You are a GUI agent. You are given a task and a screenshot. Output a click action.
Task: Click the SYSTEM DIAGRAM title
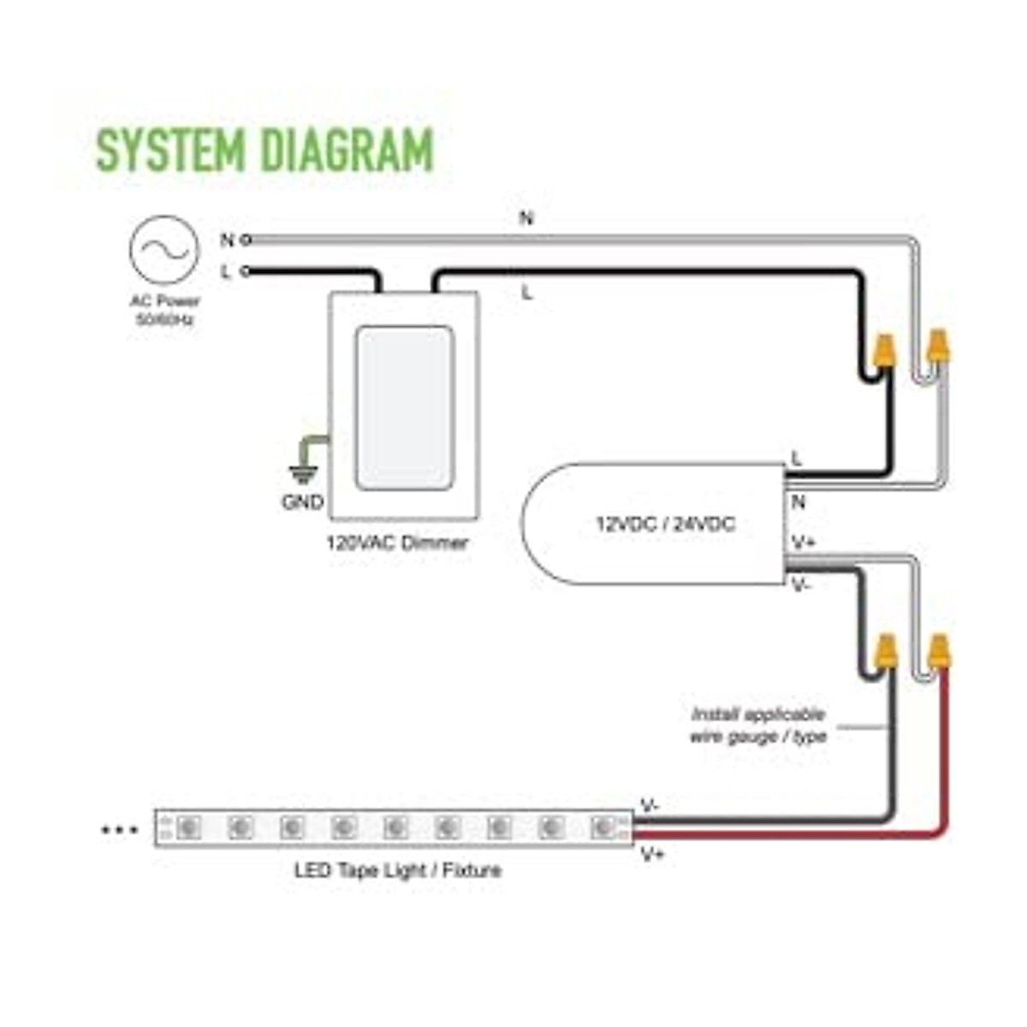(265, 150)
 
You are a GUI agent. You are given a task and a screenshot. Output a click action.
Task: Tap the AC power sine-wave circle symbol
(163, 249)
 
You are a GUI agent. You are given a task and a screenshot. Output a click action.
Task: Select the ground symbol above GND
(301, 469)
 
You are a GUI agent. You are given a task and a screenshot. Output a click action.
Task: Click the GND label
(302, 502)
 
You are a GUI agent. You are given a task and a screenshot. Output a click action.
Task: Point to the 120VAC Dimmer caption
(397, 543)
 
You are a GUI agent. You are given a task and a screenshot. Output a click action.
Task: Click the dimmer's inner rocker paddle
(405, 407)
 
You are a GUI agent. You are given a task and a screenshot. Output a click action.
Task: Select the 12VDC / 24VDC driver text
(665, 524)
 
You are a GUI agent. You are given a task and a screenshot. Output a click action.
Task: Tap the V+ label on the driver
(803, 543)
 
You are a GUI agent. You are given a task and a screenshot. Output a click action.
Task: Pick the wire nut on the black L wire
(883, 352)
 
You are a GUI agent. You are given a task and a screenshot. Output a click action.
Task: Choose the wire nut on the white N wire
(939, 347)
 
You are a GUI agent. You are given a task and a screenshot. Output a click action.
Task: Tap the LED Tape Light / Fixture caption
(398, 871)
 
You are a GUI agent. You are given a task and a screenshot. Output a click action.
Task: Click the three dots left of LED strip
(120, 829)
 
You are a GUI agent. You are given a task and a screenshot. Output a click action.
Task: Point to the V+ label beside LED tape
(653, 853)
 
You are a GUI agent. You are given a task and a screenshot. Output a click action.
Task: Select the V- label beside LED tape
(650, 806)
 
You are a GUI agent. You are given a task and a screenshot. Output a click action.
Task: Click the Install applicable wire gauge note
(758, 725)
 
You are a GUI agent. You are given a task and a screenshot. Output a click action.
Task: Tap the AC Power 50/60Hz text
(164, 310)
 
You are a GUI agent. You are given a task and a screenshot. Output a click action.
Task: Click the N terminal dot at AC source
(246, 240)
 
